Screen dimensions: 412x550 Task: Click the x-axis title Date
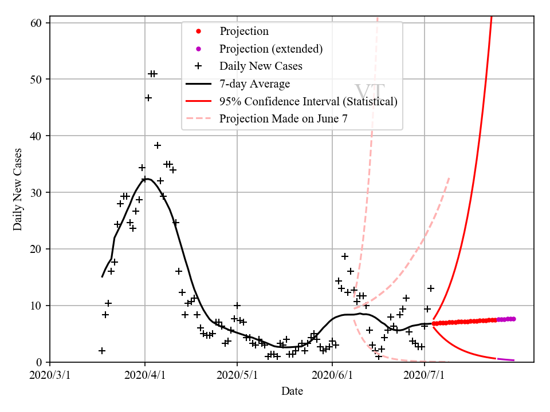tap(292, 391)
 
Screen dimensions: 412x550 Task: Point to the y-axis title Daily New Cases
tap(18, 189)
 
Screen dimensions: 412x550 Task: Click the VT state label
tap(369, 92)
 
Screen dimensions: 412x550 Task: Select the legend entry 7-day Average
tap(254, 84)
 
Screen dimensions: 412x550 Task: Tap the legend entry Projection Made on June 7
tap(283, 119)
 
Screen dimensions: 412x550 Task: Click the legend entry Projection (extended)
tap(271, 49)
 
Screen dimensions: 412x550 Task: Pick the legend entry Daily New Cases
tap(261, 66)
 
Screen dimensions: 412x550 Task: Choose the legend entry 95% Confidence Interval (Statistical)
tap(308, 102)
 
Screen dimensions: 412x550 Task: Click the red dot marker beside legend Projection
tap(198, 31)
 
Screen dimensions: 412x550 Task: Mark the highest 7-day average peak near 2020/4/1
tap(147, 179)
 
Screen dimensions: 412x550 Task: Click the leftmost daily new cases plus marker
tap(102, 351)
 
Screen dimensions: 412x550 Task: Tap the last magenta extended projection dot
tap(513, 319)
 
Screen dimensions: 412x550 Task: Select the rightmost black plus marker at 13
tap(431, 288)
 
